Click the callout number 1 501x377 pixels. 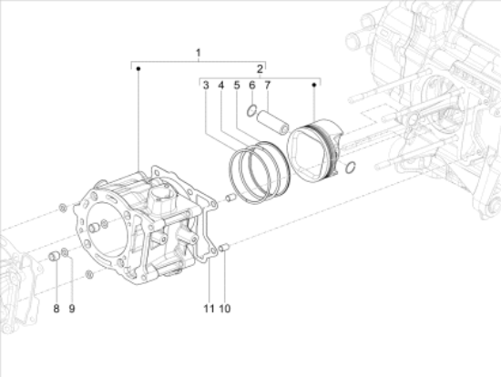tap(199, 53)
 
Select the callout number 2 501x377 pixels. tap(260, 68)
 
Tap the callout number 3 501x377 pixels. tap(206, 86)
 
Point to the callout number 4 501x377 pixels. tap(221, 86)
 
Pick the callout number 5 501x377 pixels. tap(237, 86)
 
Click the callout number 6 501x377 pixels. tap(252, 86)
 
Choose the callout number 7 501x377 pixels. tap(268, 86)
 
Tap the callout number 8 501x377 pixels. tap(56, 309)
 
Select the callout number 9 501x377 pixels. tap(72, 309)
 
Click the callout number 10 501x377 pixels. tap(225, 309)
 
